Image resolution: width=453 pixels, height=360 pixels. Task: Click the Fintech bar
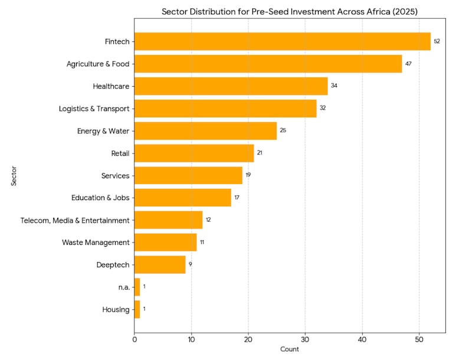click(x=282, y=41)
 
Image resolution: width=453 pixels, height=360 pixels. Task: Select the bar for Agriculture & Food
click(x=268, y=64)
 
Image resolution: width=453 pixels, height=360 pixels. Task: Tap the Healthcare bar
click(x=231, y=86)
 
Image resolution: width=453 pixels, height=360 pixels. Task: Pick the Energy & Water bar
click(x=205, y=130)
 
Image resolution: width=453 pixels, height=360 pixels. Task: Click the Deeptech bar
click(x=160, y=264)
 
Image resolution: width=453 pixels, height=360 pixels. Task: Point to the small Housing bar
click(x=137, y=309)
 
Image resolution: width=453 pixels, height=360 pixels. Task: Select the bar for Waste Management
click(x=165, y=242)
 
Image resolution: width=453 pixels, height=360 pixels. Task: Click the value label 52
click(x=437, y=41)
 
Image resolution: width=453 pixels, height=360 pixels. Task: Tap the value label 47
click(x=408, y=64)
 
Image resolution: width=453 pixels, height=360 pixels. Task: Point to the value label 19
click(x=248, y=175)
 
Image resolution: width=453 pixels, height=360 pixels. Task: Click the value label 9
click(x=190, y=264)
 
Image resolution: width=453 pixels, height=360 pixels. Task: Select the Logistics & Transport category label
click(x=94, y=109)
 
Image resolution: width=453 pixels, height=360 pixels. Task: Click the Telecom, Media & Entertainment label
click(x=74, y=220)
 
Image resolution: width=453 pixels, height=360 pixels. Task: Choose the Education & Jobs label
click(x=100, y=198)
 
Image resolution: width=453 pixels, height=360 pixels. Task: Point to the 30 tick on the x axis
click(x=305, y=339)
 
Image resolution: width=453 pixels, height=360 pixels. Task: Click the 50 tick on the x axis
click(x=419, y=339)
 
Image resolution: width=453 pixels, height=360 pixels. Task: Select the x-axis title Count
click(x=289, y=349)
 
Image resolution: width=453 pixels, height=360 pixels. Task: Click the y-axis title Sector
click(x=13, y=175)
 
